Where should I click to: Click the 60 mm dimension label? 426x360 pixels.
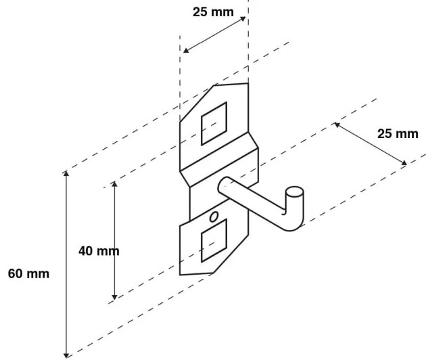[x=28, y=274]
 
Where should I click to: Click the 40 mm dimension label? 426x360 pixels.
[x=99, y=251]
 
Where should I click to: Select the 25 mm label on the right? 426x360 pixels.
[x=398, y=133]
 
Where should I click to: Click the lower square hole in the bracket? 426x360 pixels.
[x=214, y=242]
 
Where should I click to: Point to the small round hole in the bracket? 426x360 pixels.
[x=214, y=217]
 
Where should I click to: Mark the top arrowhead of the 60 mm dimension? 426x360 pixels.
[x=66, y=175]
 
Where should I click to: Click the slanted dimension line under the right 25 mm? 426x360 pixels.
[x=370, y=143]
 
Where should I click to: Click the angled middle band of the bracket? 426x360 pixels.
[x=219, y=162]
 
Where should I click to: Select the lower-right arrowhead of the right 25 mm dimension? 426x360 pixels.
[x=404, y=163]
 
